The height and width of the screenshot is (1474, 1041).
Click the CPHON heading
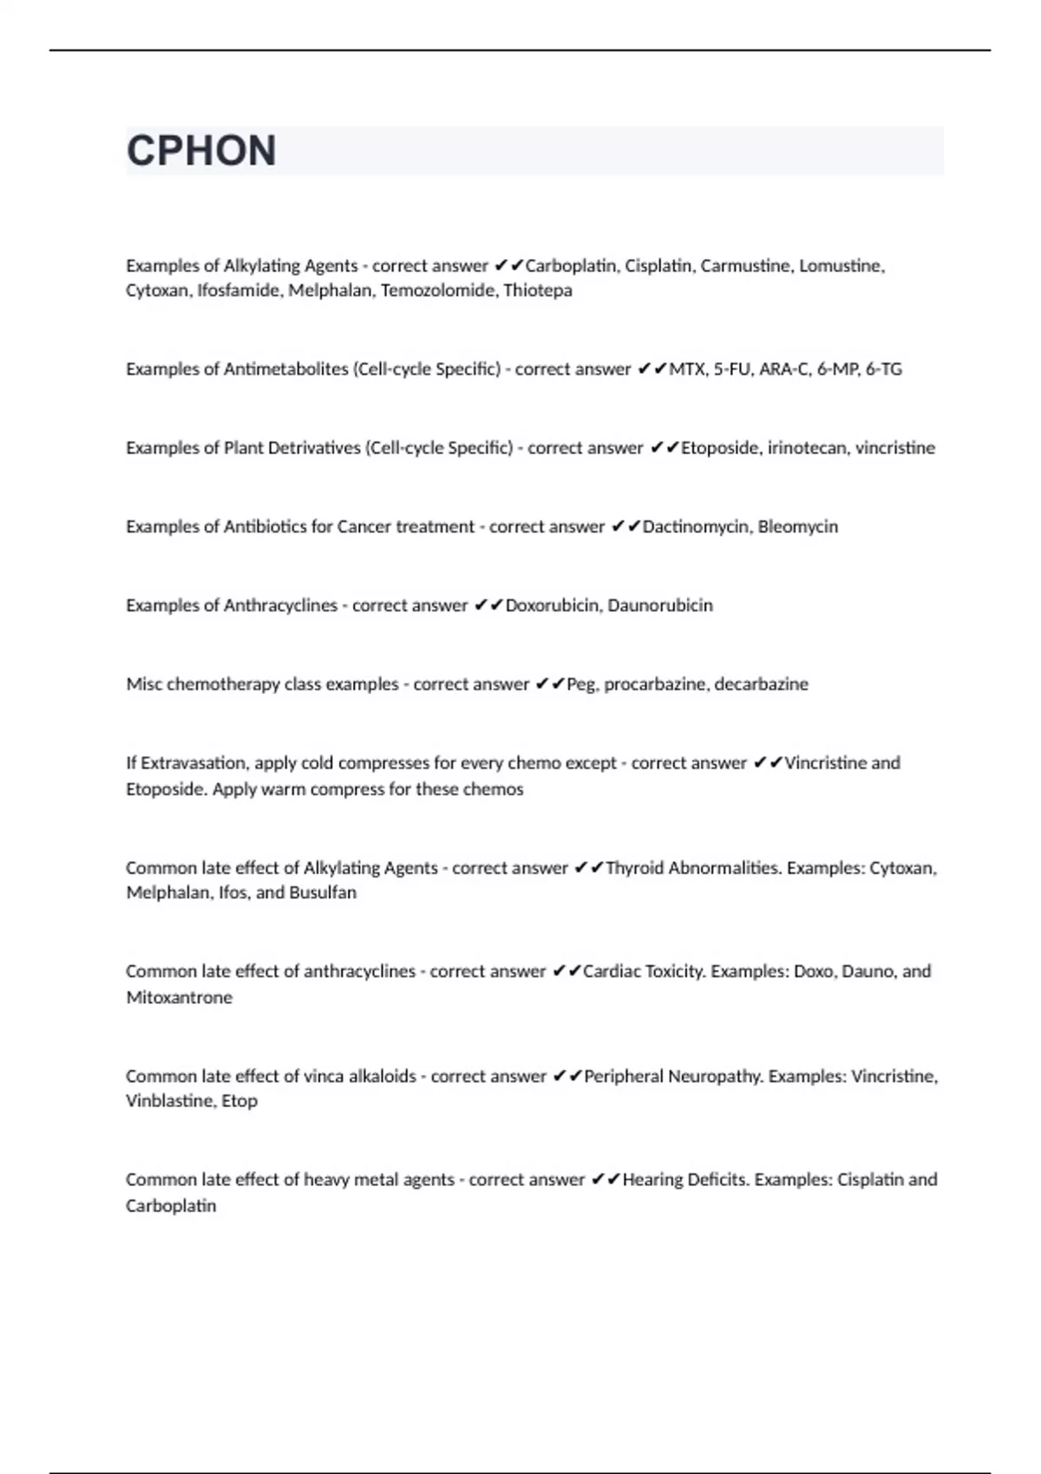tap(201, 151)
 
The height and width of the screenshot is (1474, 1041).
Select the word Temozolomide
tap(437, 290)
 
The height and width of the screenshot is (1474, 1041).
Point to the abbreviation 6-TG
tap(883, 369)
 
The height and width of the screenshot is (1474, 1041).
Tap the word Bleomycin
tap(797, 527)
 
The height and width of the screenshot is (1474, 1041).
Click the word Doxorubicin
tap(552, 605)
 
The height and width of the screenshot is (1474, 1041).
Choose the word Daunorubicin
tap(660, 605)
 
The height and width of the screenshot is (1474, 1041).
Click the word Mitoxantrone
tap(180, 998)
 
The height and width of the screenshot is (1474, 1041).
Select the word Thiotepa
tap(537, 290)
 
